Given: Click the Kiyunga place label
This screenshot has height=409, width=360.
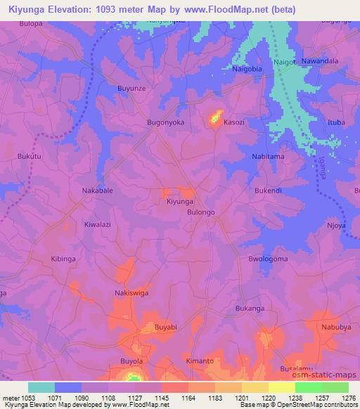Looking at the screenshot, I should pos(179,202).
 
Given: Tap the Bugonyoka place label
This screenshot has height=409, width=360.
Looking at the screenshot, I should pos(165,122).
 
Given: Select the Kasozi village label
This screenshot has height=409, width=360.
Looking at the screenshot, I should pos(234,122).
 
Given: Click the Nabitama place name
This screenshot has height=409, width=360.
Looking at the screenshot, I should pos(268,156).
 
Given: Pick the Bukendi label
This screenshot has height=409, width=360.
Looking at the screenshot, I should pos(268,190).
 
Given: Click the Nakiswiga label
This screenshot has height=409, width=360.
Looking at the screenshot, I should pos(131,293).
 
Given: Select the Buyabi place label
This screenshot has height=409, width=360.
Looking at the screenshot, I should pos(166,327).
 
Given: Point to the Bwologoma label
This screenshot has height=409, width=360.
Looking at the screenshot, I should pos(269,259).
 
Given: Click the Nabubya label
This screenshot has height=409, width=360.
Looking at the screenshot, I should pos(336,327).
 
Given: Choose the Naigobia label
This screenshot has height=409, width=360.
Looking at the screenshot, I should pos(251,70).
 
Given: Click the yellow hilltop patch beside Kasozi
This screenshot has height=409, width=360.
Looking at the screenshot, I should pos(215,117).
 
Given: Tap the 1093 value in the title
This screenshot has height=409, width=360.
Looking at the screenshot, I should pos(123,9).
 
